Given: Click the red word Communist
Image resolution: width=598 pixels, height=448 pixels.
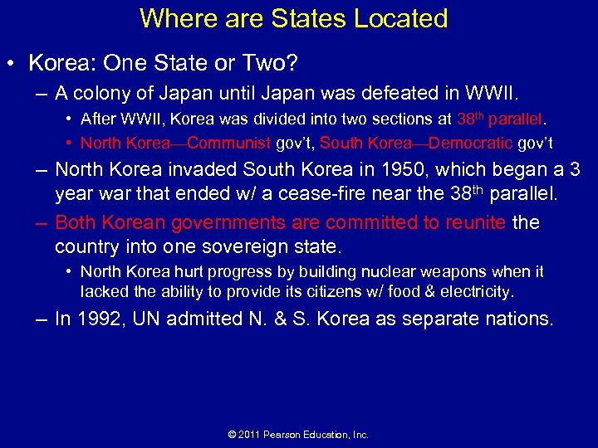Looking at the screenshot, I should tap(229, 143).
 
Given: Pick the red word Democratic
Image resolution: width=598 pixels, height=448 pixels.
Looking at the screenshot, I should tap(471, 143).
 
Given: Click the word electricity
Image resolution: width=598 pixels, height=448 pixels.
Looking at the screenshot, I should tap(480, 291).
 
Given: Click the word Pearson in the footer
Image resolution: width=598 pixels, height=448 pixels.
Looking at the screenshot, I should tap(285, 435).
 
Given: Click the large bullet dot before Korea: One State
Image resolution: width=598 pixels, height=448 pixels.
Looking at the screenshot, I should tap(13, 64).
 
